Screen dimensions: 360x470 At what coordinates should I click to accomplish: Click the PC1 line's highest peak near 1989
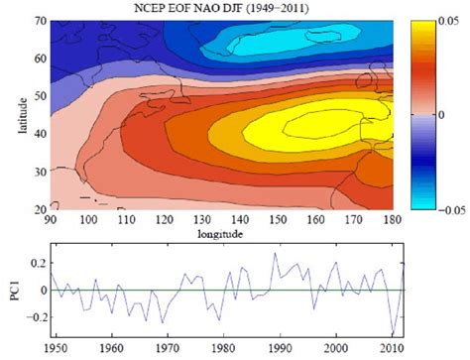tap(276, 253)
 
